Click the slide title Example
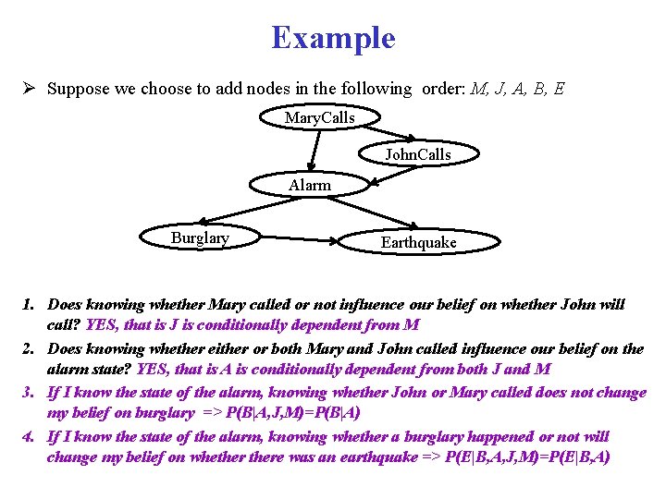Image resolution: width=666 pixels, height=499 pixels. tap(333, 38)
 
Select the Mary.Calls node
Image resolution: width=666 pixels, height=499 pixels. tap(319, 117)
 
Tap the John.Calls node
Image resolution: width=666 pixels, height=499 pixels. tap(418, 153)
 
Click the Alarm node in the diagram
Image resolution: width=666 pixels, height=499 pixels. tap(309, 185)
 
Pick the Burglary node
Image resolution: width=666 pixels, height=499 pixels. tap(200, 238)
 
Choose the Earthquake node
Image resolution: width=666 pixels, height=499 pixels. tap(418, 242)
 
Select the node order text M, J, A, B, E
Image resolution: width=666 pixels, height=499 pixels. tap(517, 90)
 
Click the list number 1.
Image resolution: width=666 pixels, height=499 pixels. tap(30, 304)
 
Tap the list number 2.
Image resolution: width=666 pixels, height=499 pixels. tap(30, 348)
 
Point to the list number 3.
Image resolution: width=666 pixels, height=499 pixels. tap(30, 393)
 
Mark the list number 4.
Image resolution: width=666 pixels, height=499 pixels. tap(30, 436)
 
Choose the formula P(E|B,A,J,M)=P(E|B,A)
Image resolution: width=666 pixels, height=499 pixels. tap(527, 457)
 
